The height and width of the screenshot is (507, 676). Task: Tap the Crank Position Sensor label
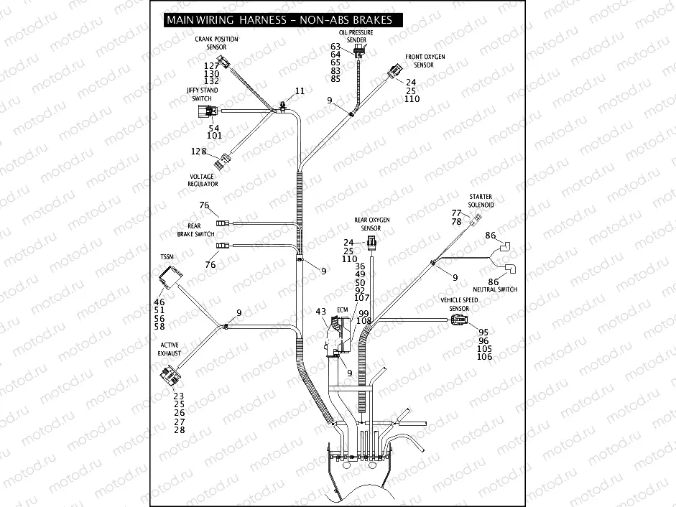coord(216,43)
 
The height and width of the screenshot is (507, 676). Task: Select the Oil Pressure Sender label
coord(356,37)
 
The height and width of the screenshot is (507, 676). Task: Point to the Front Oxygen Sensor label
coord(424,60)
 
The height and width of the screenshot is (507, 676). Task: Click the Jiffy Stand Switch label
coord(202,94)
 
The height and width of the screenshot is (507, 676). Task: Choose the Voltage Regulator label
coord(203,180)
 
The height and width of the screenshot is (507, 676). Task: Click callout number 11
coord(300,91)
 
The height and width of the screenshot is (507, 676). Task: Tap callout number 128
coord(198,152)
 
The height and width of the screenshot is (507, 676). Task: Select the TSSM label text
coord(167,256)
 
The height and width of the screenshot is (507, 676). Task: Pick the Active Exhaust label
coord(170,349)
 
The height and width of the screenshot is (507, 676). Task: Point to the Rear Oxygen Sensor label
coord(371,223)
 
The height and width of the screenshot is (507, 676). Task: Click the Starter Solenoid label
coord(481,200)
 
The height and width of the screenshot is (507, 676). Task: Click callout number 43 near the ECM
coord(320,312)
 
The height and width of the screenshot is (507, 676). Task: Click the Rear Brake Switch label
coord(195,230)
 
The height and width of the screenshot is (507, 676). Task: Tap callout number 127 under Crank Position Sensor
coord(211,65)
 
